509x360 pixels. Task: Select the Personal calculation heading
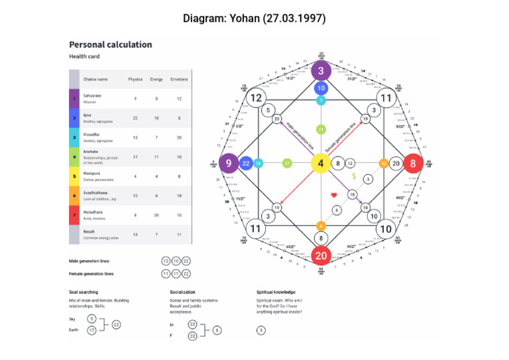pos(111,44)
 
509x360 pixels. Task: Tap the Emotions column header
pos(179,80)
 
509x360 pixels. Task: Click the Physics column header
pos(135,80)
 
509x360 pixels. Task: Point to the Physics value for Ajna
pos(135,118)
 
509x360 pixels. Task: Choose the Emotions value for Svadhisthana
pos(179,196)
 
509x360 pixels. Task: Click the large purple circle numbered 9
pos(229,163)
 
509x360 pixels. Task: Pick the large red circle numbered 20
pos(321,255)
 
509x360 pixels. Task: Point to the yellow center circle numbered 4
pos(321,163)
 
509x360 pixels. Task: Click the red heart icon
pos(335,195)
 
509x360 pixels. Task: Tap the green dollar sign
pos(355,177)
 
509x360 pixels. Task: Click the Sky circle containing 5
pos(92,319)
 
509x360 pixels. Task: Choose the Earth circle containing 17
pos(92,330)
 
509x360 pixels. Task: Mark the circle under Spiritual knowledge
pos(261,330)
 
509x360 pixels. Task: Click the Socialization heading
pos(182,292)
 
